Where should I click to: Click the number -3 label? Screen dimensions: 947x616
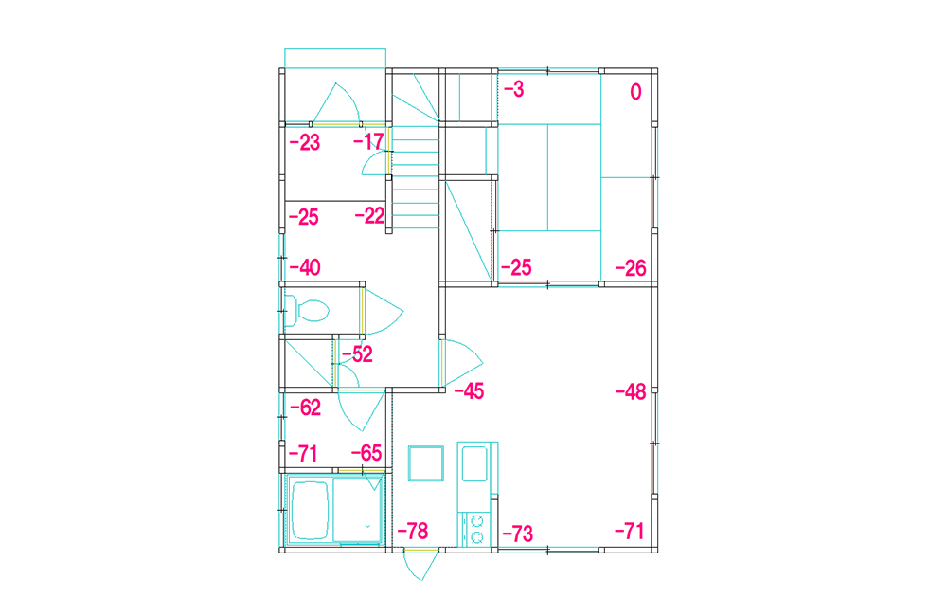pos(514,89)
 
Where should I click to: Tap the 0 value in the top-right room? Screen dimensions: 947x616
pos(635,92)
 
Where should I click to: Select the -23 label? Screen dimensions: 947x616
pos(304,143)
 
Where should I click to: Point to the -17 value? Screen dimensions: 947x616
pos(368,142)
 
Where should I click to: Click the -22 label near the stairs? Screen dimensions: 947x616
pos(369,216)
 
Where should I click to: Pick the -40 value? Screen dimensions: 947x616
pos(305,267)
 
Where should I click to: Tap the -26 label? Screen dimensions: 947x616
pos(631,268)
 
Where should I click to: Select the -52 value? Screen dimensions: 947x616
pos(358,354)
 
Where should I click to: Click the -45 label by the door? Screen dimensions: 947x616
pos(470,391)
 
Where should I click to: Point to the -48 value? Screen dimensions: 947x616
pos(631,392)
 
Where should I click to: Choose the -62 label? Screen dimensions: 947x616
pos(306,408)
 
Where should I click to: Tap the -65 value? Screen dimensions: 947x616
pos(366,453)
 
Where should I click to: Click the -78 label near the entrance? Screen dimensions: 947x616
pos(413,532)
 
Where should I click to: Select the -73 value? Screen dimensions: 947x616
pos(518,534)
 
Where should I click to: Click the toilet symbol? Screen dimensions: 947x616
pos(307,311)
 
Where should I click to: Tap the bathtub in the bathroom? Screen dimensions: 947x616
pos(310,510)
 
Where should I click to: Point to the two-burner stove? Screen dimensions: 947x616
pos(477,529)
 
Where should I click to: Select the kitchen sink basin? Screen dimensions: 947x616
pos(474,463)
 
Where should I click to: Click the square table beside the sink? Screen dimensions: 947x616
pos(426,463)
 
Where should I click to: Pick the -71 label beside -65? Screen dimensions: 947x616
pos(303,453)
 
